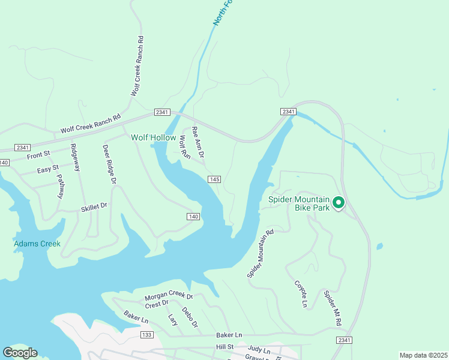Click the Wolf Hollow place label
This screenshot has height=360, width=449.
[x=154, y=137]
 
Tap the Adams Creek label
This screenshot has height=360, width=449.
[x=37, y=244]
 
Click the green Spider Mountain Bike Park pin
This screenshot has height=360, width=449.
[x=339, y=204]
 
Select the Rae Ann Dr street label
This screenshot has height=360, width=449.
[x=198, y=142]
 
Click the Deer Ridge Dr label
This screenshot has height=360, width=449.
[x=109, y=164]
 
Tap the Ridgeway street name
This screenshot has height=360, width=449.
[x=75, y=158]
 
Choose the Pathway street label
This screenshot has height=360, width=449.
[x=60, y=186]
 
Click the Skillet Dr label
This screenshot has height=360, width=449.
[x=94, y=206]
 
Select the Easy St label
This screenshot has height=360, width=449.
[x=47, y=170]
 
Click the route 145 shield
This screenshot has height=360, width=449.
[x=215, y=179]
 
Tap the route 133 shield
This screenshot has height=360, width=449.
[x=146, y=334]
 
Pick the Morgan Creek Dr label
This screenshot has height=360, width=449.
[x=169, y=297]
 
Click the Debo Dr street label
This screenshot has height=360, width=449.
[x=190, y=317]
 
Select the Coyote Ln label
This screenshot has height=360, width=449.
[x=301, y=293]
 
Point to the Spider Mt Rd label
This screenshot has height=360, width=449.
[x=332, y=308]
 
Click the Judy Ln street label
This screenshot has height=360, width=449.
[x=259, y=350]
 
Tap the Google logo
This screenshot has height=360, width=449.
[x=20, y=353]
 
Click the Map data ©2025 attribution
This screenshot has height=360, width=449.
[x=423, y=355]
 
